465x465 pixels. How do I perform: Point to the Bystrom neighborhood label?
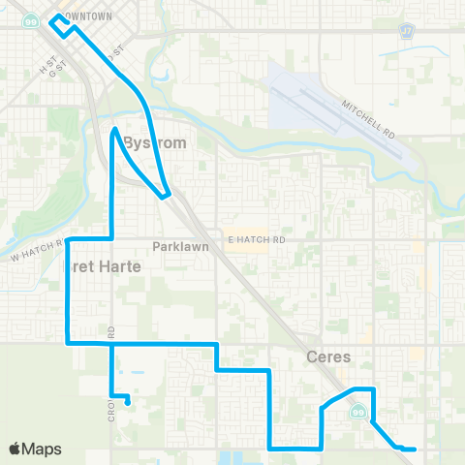coord(154,141)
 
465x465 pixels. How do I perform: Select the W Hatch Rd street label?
coord(35,253)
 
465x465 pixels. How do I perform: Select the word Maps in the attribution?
coord(43,449)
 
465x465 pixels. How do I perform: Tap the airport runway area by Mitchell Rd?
coord(310,97)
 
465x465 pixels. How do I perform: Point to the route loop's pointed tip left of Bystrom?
coord(115,129)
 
